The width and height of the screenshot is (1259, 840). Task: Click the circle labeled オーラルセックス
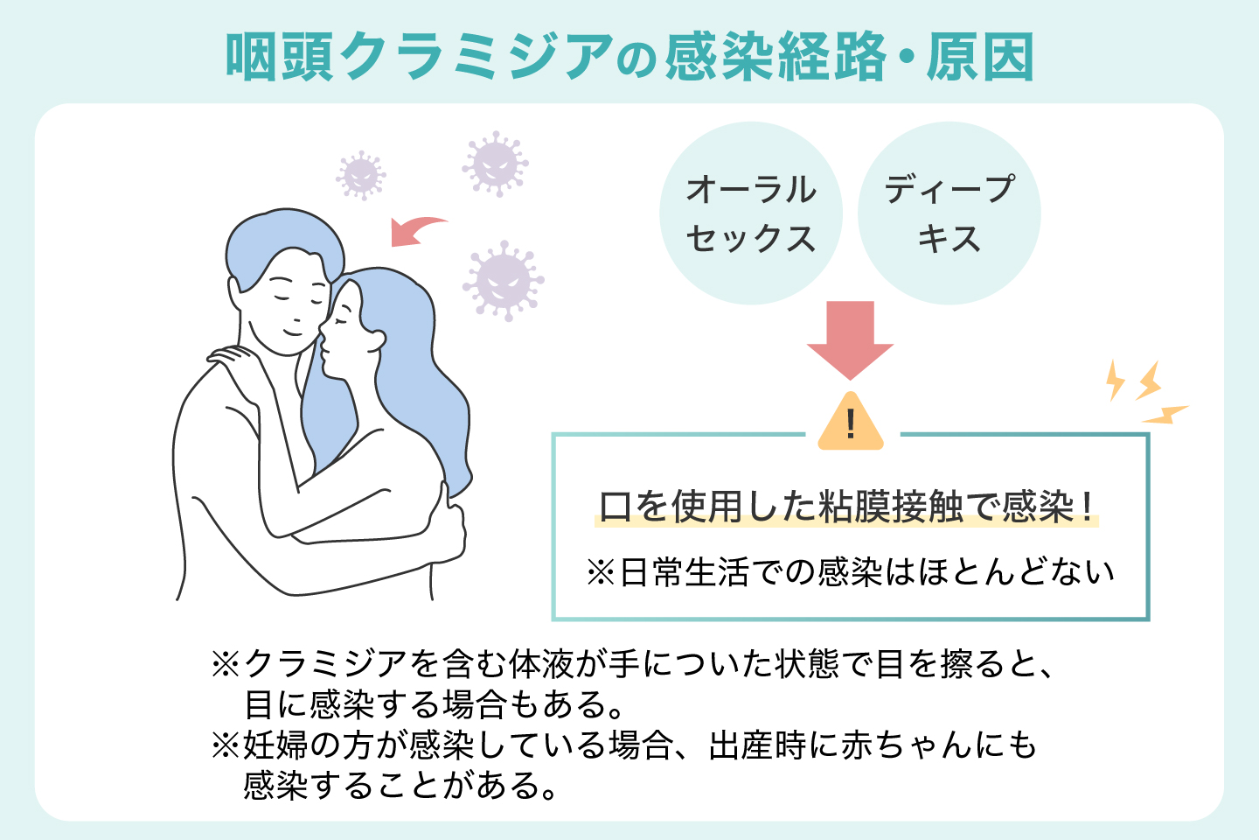click(x=750, y=213)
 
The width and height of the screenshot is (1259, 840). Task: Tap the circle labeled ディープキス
click(x=949, y=213)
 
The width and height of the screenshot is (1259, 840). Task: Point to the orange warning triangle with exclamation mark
click(x=851, y=424)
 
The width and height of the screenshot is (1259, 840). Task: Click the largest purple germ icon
click(x=503, y=279)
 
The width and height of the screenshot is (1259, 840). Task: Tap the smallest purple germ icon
click(x=360, y=174)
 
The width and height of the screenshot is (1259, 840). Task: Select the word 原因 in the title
click(x=980, y=58)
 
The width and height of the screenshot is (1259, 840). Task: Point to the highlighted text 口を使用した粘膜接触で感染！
click(x=846, y=507)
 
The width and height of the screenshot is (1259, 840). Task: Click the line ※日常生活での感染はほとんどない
click(x=850, y=572)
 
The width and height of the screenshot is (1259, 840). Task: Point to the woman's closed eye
click(x=340, y=320)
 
